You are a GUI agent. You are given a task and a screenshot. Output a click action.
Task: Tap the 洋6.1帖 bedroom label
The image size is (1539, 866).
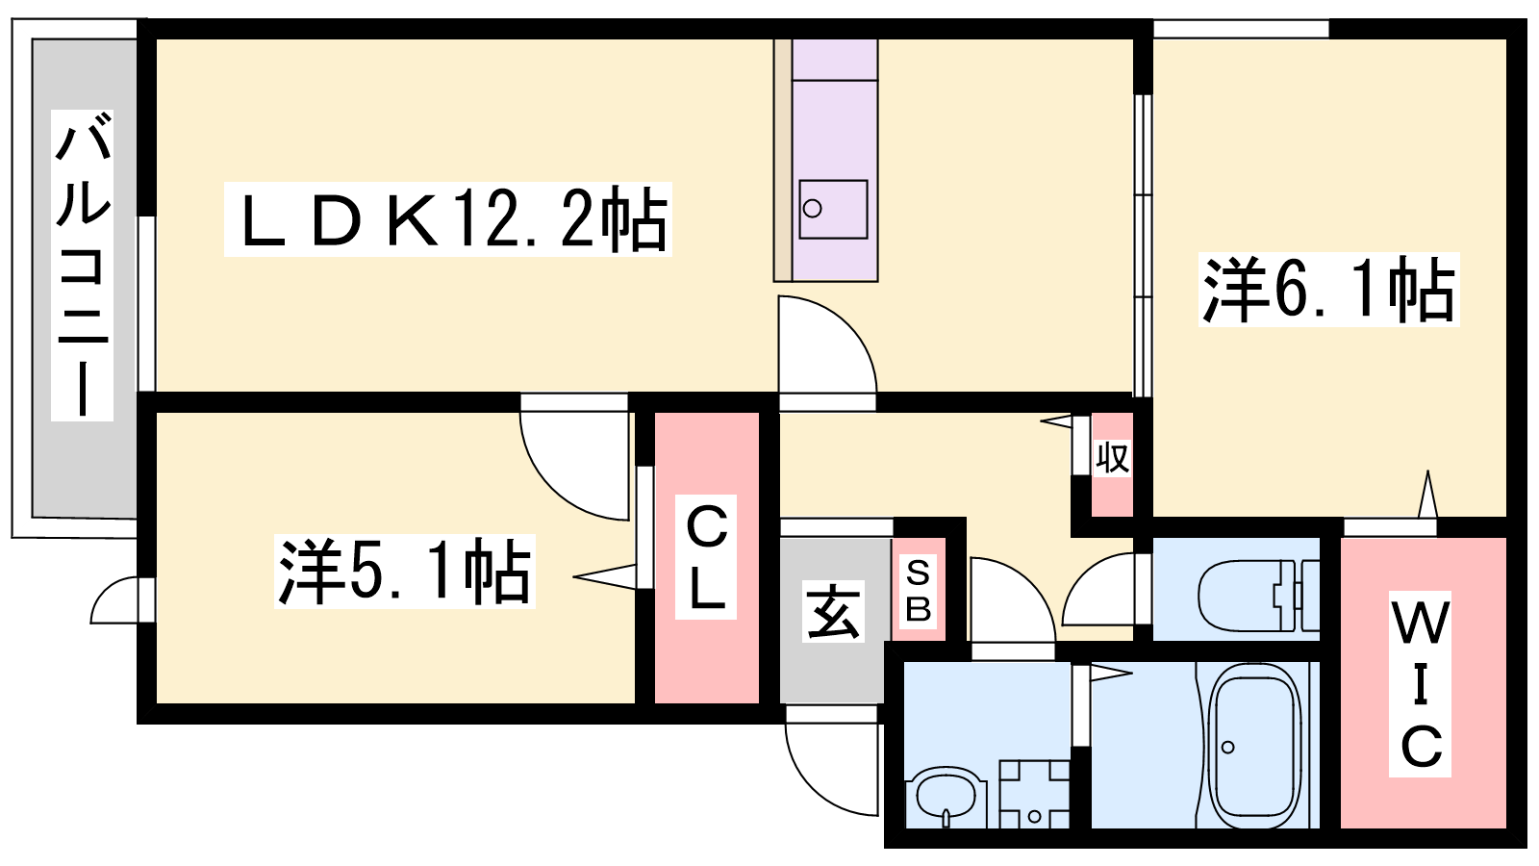tap(1329, 289)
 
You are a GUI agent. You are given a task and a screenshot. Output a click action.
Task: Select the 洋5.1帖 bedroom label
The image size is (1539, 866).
tap(404, 571)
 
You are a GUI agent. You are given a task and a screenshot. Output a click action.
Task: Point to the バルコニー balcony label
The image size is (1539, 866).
tap(83, 266)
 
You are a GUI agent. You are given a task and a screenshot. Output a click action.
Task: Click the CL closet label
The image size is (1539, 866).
tap(706, 557)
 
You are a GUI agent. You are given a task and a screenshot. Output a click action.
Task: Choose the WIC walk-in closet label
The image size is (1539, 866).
tap(1421, 683)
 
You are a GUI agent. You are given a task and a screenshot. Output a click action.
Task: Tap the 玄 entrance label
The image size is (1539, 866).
tap(833, 612)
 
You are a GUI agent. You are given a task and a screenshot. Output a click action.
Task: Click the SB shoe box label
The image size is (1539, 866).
tap(919, 591)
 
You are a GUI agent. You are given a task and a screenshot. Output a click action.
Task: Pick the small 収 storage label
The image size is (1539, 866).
tap(1112, 457)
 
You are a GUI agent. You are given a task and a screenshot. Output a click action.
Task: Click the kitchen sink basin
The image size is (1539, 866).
tap(833, 209)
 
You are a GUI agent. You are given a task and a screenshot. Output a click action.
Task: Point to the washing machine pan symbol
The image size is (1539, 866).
tap(1034, 794)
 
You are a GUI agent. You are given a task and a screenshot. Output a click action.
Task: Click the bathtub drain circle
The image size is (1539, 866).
tap(1227, 747)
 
